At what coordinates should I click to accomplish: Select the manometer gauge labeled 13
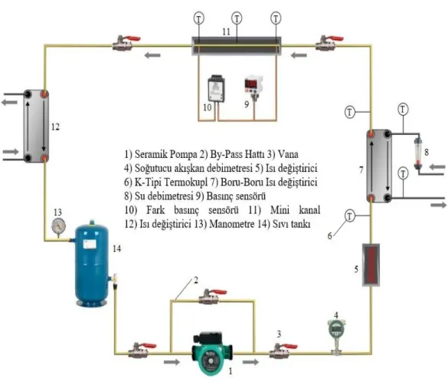click(58, 227)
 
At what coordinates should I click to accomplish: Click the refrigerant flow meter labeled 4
click(336, 337)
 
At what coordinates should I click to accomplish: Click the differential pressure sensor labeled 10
click(216, 88)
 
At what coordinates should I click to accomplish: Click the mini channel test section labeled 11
click(237, 45)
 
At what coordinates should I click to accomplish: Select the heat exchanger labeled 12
click(36, 127)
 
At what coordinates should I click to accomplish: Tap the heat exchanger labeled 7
click(379, 166)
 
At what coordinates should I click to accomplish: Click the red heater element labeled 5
click(371, 265)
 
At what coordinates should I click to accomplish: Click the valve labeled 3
click(283, 351)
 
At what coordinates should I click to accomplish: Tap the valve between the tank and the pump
click(142, 351)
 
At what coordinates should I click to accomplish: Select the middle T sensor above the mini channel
click(237, 18)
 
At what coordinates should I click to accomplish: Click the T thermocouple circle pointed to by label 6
click(350, 216)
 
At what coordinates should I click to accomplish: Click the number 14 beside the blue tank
click(117, 249)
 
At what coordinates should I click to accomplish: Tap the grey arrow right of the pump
click(250, 362)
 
